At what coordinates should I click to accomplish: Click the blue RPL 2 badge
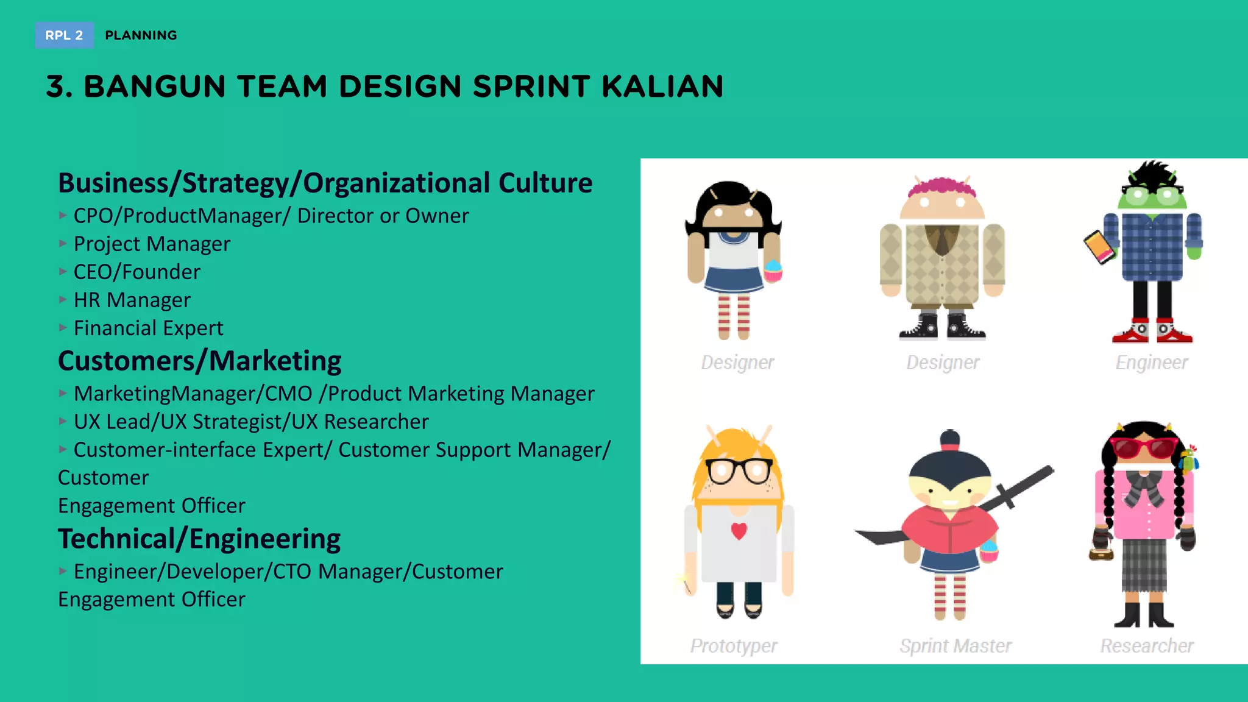pyautogui.click(x=64, y=35)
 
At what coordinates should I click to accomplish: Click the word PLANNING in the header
pyautogui.click(x=141, y=35)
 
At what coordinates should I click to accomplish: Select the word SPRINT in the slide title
pyautogui.click(x=531, y=87)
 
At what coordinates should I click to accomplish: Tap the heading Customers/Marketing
pyautogui.click(x=199, y=361)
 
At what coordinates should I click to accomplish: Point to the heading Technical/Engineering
pyautogui.click(x=199, y=539)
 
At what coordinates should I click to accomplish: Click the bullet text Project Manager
pyautogui.click(x=152, y=244)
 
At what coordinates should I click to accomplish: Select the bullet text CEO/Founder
pyautogui.click(x=136, y=272)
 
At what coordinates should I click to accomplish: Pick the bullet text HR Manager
pyautogui.click(x=132, y=300)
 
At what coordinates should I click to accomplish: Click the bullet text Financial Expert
pyautogui.click(x=148, y=328)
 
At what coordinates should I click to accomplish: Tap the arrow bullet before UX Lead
pyautogui.click(x=63, y=421)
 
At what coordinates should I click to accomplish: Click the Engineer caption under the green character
pyautogui.click(x=1151, y=363)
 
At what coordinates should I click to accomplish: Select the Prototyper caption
pyautogui.click(x=733, y=645)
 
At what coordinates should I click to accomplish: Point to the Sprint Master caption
pyautogui.click(x=955, y=645)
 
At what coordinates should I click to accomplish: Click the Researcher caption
pyautogui.click(x=1146, y=645)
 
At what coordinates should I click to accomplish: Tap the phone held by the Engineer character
pyautogui.click(x=1099, y=247)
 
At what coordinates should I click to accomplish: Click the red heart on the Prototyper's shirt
pyautogui.click(x=739, y=531)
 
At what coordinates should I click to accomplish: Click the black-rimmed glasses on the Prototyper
pyautogui.click(x=739, y=471)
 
